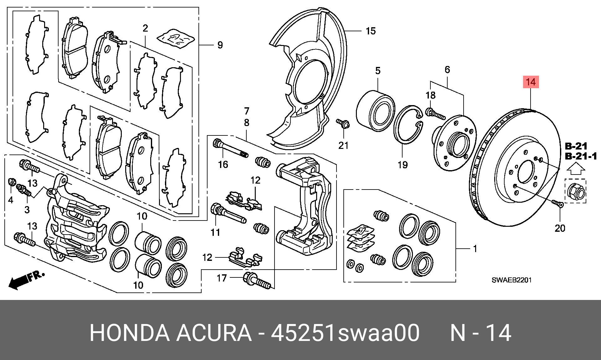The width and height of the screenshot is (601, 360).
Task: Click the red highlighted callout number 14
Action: tap(531, 82)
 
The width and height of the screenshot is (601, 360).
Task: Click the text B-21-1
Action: tap(581, 156)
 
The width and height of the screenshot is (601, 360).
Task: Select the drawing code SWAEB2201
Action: tap(511, 280)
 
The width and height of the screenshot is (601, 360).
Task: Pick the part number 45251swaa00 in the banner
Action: tap(345, 333)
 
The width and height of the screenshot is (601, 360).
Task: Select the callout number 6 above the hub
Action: tap(447, 69)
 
